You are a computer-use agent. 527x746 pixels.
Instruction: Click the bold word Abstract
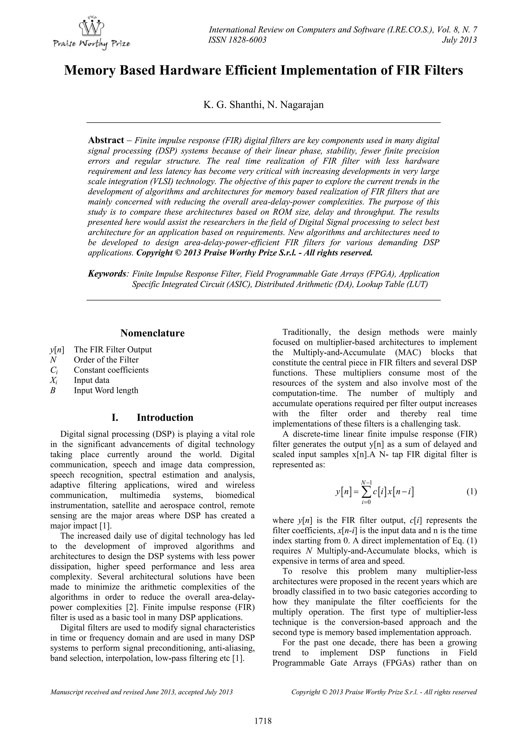pos(106,140)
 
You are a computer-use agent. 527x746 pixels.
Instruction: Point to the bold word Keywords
pos(107,274)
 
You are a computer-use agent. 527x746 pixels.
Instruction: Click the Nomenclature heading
pos(152,333)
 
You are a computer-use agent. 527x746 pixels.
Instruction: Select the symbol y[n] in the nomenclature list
pos(57,350)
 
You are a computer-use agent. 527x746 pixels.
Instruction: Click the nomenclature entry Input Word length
pos(106,390)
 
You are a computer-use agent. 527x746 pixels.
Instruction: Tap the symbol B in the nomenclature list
pos(52,390)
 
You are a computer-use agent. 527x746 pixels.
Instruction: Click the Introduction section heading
pos(165,418)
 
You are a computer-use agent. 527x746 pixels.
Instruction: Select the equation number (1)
pos(471,492)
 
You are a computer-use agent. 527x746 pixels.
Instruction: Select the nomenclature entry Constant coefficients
pos(111,370)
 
